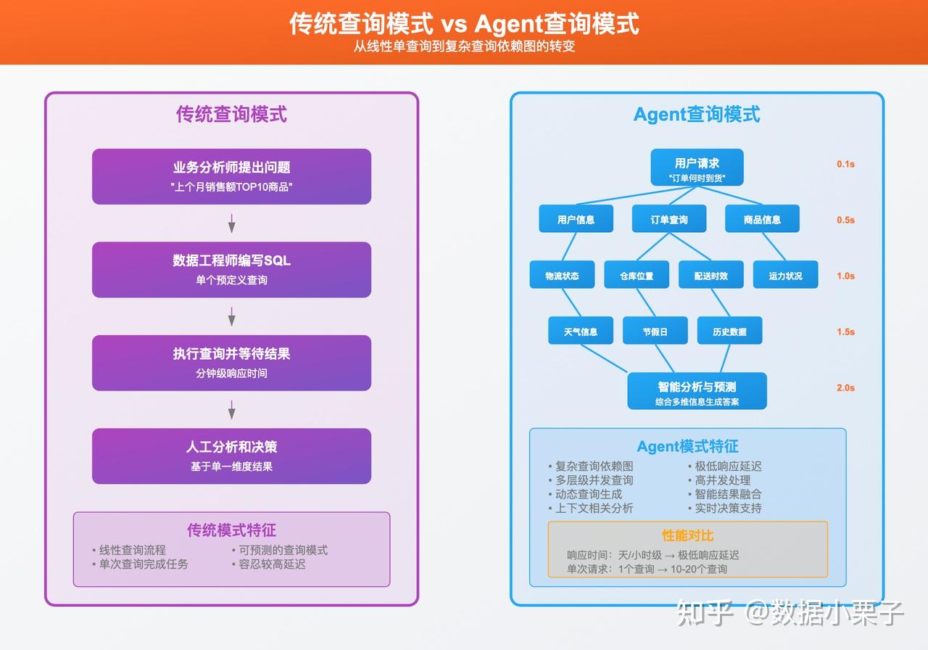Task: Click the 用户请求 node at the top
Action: pos(697,168)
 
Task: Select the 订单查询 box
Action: pos(668,219)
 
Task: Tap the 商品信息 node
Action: pos(762,219)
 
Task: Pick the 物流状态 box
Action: pos(562,275)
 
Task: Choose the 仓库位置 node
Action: pos(636,275)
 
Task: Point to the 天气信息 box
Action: pos(580,331)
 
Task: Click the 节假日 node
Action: pos(655,331)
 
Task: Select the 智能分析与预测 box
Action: pos(697,392)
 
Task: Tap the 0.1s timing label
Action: pos(845,164)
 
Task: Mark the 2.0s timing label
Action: pos(845,387)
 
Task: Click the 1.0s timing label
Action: pos(845,276)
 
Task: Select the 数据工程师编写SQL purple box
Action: pos(231,269)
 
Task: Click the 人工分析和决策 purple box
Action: pos(231,456)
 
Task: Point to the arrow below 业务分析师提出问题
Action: pos(231,223)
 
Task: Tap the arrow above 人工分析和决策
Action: pos(231,410)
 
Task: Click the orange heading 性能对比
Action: pos(687,535)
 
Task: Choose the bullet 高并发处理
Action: pos(722,480)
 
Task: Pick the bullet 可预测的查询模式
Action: pos(283,550)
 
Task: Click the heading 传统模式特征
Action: pos(231,530)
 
